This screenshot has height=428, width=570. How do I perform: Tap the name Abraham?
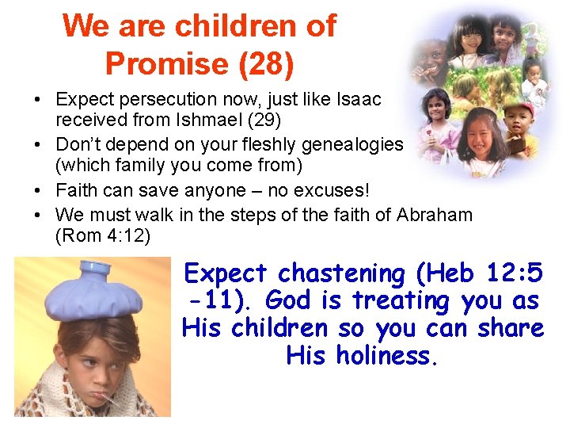coord(435,215)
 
